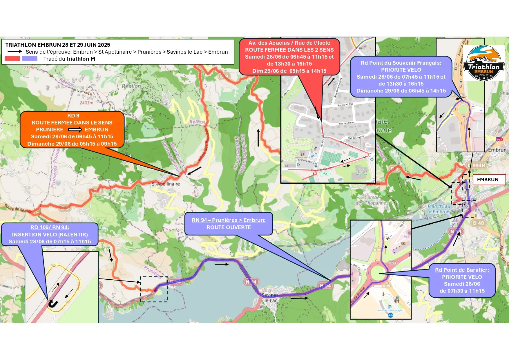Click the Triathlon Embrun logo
pyautogui.click(x=483, y=63)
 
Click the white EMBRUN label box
pyautogui.click(x=489, y=180)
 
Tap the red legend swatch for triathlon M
pyautogui.click(x=12, y=59)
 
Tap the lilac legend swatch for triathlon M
pyautogui.click(x=30, y=59)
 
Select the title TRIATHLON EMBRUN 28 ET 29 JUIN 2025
pyautogui.click(x=58, y=45)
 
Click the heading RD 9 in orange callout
pyautogui.click(x=73, y=116)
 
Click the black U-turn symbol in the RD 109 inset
pyautogui.click(x=53, y=304)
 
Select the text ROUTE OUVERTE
pyautogui.click(x=229, y=227)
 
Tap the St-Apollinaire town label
pyautogui.click(x=166, y=184)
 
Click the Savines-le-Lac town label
pyautogui.click(x=270, y=298)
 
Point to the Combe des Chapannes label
pyautogui.click(x=372, y=200)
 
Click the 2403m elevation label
pyautogui.click(x=86, y=103)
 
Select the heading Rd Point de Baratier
pyautogui.click(x=462, y=270)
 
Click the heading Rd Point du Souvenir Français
pyautogui.click(x=401, y=63)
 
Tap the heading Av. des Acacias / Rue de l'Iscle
pyautogui.click(x=289, y=43)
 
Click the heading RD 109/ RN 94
pyautogui.click(x=50, y=227)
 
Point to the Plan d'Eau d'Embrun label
pyautogui.click(x=439, y=209)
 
